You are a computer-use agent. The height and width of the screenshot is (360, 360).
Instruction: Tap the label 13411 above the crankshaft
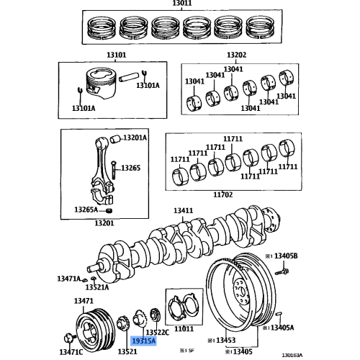tap(183, 210)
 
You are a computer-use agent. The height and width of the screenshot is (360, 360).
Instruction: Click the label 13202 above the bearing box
tap(236, 54)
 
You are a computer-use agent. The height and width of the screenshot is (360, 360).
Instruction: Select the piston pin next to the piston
tap(132, 73)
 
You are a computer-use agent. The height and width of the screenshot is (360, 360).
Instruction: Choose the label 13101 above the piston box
tap(96, 54)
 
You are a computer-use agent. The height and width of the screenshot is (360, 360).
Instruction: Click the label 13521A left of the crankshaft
tap(99, 287)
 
